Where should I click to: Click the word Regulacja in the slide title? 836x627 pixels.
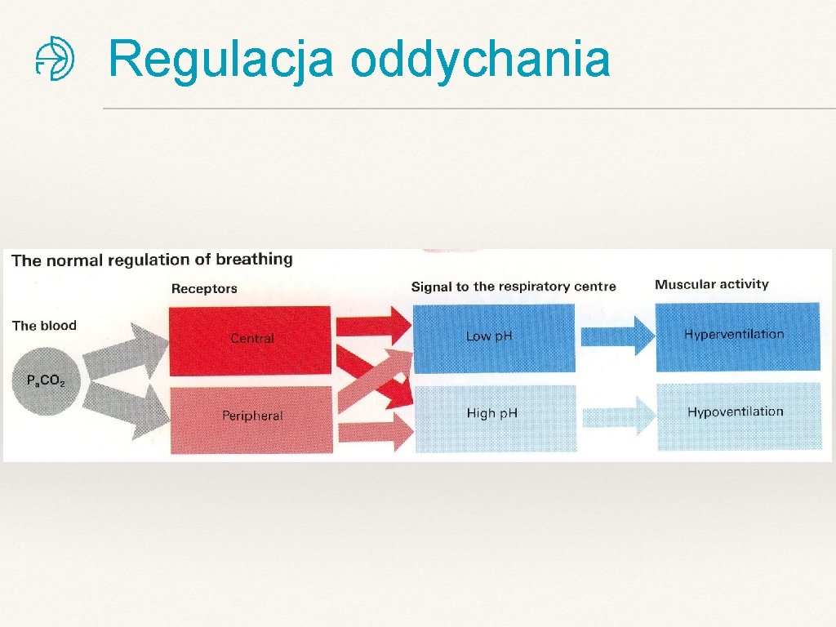[220, 60]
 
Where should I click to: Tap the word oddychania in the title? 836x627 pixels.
[481, 60]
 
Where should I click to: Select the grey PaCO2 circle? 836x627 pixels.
[45, 380]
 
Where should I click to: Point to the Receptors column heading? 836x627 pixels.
[204, 288]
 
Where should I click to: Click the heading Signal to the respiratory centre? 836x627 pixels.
[514, 287]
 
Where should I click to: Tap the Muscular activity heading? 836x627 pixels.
[712, 284]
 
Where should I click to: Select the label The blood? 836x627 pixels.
[44, 326]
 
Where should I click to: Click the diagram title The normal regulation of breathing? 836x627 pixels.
[152, 260]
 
